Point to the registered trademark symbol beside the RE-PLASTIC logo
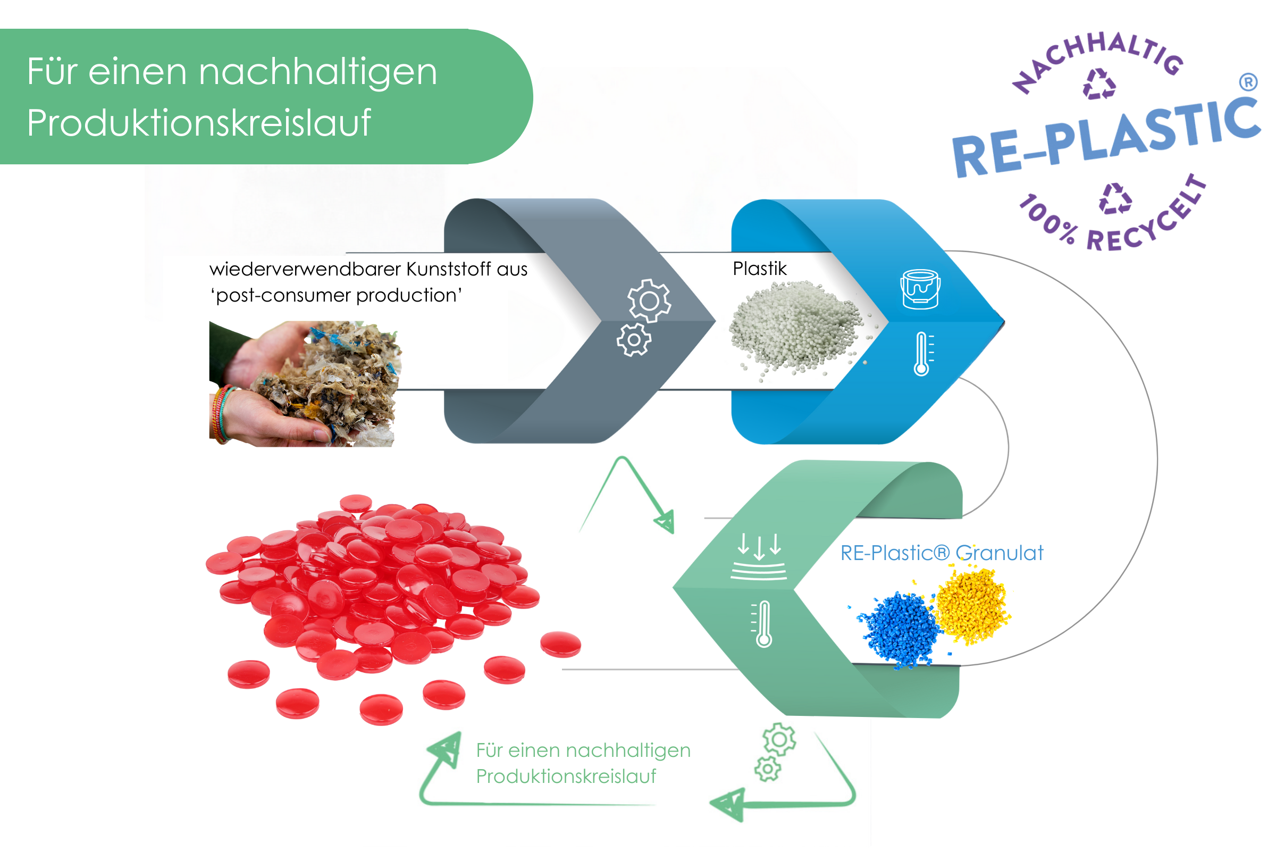pos(1248,82)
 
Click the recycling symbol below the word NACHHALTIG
pos(1099,84)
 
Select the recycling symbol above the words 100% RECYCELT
pos(1115,198)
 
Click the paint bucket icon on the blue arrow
pos(920,289)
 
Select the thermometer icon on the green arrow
pos(763,623)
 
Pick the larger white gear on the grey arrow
pos(649,301)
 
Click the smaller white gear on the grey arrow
pos(634,340)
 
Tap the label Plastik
pos(760,269)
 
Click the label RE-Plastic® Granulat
pos(941,553)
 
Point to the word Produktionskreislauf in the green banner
pos(198,123)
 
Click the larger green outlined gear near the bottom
pos(779,739)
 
